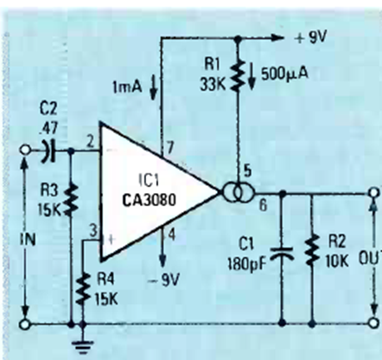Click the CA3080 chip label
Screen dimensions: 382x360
(149, 200)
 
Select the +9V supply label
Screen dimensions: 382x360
(311, 37)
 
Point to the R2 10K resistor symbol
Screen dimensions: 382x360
(312, 250)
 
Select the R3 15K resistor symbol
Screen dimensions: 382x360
(72, 200)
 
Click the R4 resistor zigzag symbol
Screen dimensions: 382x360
(83, 289)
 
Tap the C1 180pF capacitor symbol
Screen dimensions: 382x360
(283, 254)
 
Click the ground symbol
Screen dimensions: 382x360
(83, 347)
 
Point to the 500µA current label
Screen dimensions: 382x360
(284, 74)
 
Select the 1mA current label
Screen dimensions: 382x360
(127, 87)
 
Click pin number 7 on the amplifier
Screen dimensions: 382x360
(170, 149)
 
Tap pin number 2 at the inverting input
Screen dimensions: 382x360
(90, 142)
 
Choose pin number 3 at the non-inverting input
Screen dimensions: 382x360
(92, 232)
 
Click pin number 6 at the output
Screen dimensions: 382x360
(263, 205)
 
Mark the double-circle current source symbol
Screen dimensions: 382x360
(238, 191)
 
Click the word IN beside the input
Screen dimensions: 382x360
(28, 239)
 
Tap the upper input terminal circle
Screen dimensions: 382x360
(25, 150)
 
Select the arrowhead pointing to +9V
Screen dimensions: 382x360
(277, 37)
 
